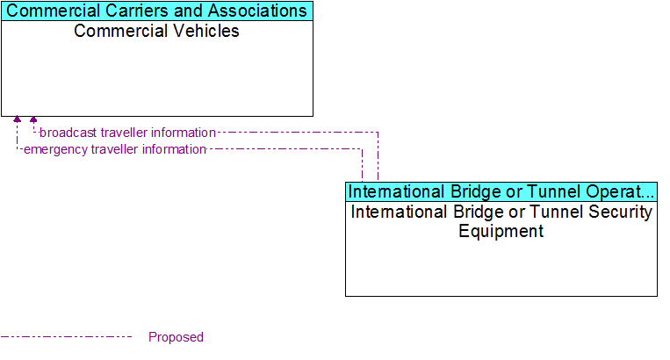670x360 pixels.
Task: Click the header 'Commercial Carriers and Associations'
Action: (x=156, y=11)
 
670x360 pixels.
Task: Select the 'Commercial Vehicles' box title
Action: (x=156, y=32)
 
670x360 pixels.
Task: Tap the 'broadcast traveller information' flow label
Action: (x=127, y=133)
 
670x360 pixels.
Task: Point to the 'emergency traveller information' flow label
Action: (x=114, y=149)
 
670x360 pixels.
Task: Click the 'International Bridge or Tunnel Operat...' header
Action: (x=501, y=191)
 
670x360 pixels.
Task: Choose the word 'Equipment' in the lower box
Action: (x=501, y=232)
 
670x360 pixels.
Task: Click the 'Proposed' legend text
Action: (x=176, y=337)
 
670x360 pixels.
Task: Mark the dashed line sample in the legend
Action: (x=66, y=336)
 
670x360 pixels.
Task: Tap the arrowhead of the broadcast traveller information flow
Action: (x=33, y=120)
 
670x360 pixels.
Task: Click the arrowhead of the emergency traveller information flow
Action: (x=17, y=120)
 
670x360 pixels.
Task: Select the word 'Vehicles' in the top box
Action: (x=205, y=32)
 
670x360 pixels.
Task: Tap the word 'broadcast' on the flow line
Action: (x=68, y=133)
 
